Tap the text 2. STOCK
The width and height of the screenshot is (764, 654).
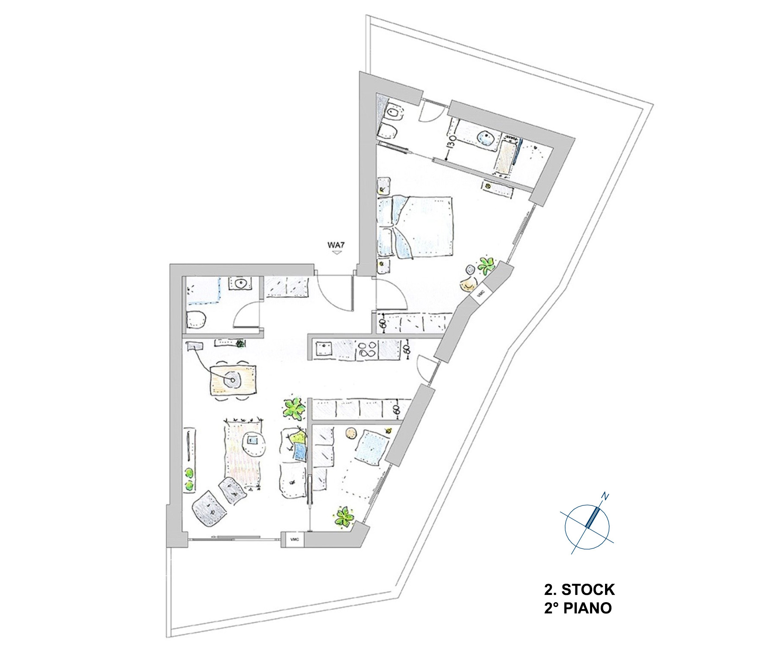click(x=579, y=589)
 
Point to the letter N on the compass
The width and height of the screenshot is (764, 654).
click(x=605, y=496)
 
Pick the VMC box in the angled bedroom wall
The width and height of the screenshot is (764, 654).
click(x=480, y=293)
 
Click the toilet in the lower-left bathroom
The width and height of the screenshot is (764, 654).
click(x=196, y=319)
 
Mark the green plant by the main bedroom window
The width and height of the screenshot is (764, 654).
click(x=486, y=265)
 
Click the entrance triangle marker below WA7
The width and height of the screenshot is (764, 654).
click(x=336, y=253)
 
